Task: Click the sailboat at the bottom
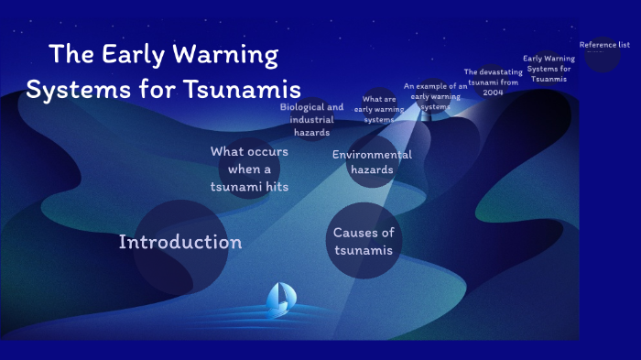click(280, 297)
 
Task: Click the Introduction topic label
click(180, 242)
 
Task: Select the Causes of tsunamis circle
click(364, 241)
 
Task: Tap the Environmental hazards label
click(372, 162)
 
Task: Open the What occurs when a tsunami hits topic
click(249, 169)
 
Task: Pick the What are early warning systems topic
click(379, 109)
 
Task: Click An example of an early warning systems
click(436, 96)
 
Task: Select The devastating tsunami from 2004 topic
click(494, 82)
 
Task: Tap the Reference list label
click(604, 45)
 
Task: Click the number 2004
click(494, 93)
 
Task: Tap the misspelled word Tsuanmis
click(548, 79)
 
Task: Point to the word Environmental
click(372, 155)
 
